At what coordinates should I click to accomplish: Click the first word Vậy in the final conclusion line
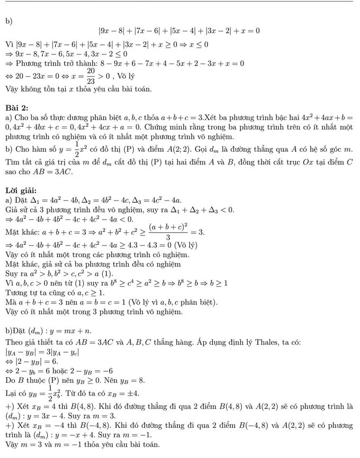(12, 445)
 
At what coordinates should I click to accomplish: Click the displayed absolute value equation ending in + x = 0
(179, 31)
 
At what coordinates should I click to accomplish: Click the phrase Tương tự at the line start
(20, 291)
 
